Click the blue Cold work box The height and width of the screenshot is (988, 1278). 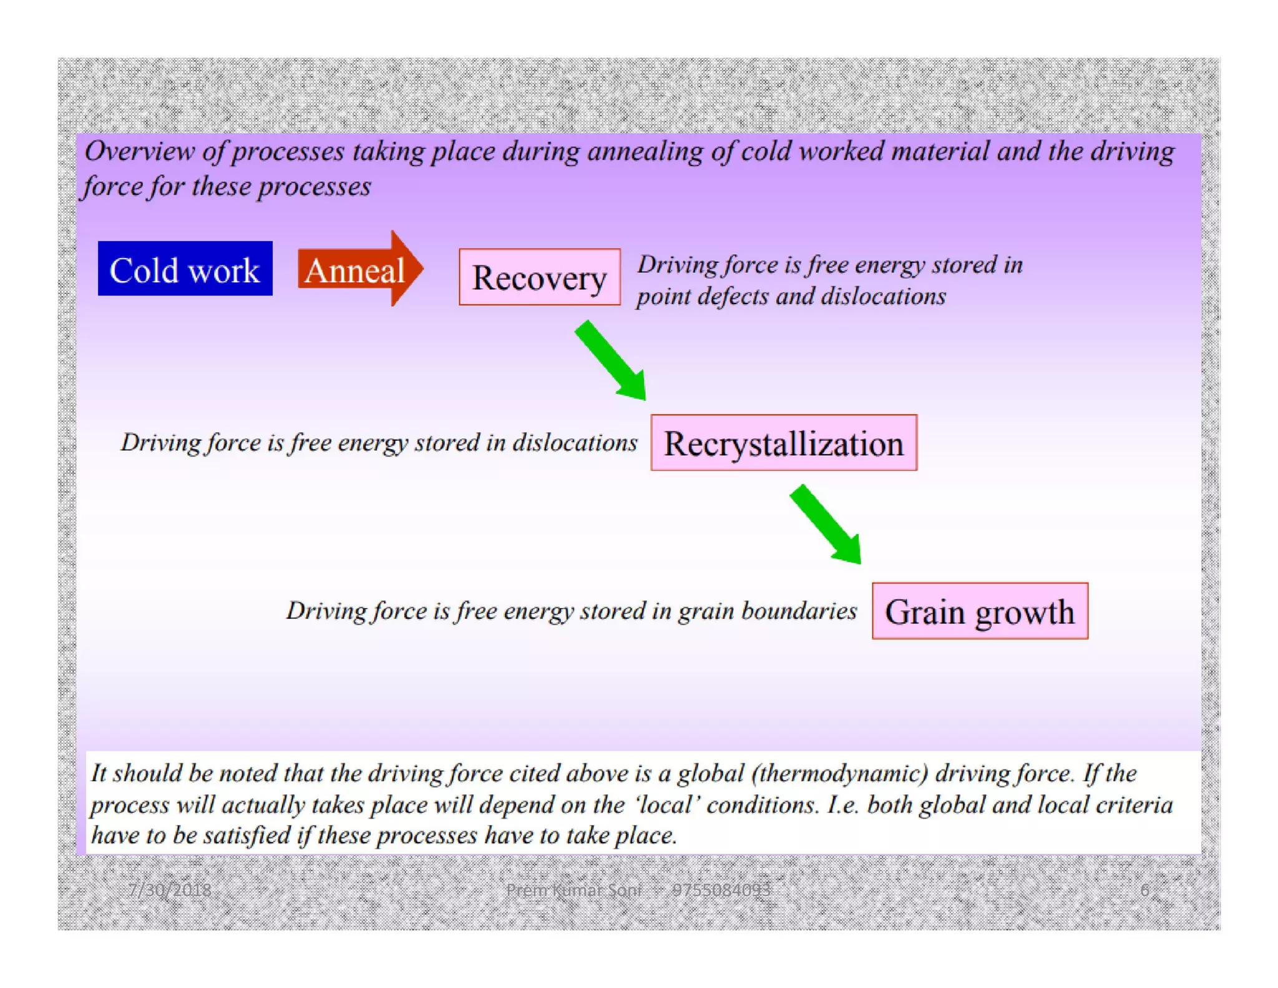(x=185, y=269)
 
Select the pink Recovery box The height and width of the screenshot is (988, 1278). (x=539, y=277)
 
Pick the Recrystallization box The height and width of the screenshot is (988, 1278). (x=783, y=443)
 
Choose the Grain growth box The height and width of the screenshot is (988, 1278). (x=979, y=611)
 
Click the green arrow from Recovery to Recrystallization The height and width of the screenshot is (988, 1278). (x=611, y=361)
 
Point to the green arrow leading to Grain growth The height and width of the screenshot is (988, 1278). (x=826, y=525)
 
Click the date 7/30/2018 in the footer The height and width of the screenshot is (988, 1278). (x=170, y=890)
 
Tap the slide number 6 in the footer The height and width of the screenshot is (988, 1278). (x=1144, y=890)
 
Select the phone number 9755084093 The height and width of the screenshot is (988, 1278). (x=721, y=890)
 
